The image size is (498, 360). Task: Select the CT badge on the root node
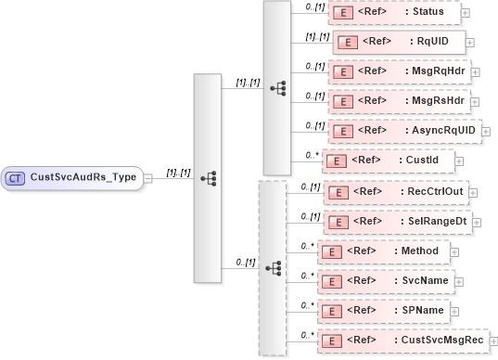point(16,177)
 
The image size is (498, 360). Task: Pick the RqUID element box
point(398,42)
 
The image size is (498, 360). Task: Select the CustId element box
point(386,161)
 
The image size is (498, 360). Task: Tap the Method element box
point(384,251)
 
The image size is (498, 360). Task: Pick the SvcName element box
point(389,280)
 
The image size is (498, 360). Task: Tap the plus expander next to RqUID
point(471,42)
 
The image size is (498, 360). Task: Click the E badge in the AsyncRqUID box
point(340,131)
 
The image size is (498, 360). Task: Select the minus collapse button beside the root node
point(148,177)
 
